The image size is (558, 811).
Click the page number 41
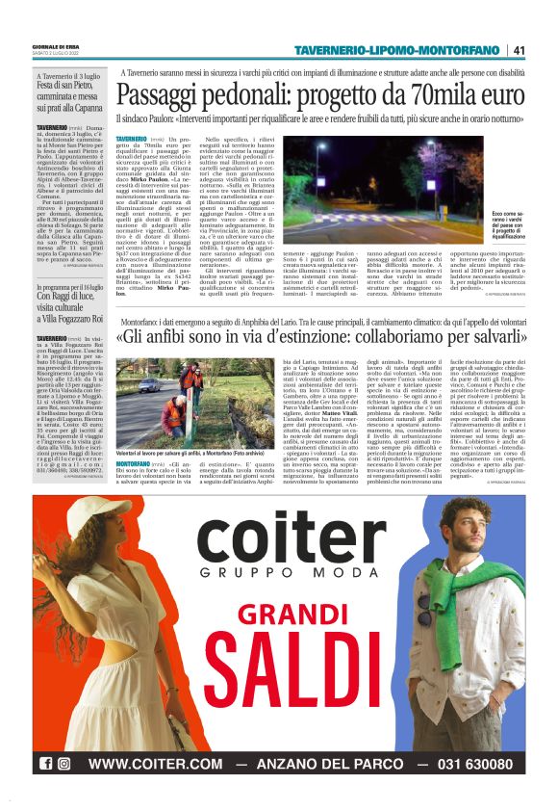click(520, 50)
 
